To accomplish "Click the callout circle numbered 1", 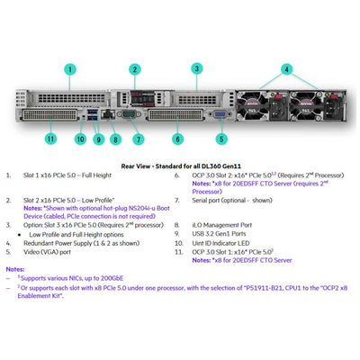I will [70, 68].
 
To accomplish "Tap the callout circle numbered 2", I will [134, 69].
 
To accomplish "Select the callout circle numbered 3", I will [196, 68].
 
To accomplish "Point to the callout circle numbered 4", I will [286, 68].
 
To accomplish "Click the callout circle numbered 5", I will [222, 139].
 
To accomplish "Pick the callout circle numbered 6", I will [178, 139].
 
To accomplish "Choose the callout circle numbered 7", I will [138, 139].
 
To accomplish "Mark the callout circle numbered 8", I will [115, 139].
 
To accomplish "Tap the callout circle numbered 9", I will [98, 139].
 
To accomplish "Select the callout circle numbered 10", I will [81, 139].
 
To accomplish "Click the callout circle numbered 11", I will [51, 139].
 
